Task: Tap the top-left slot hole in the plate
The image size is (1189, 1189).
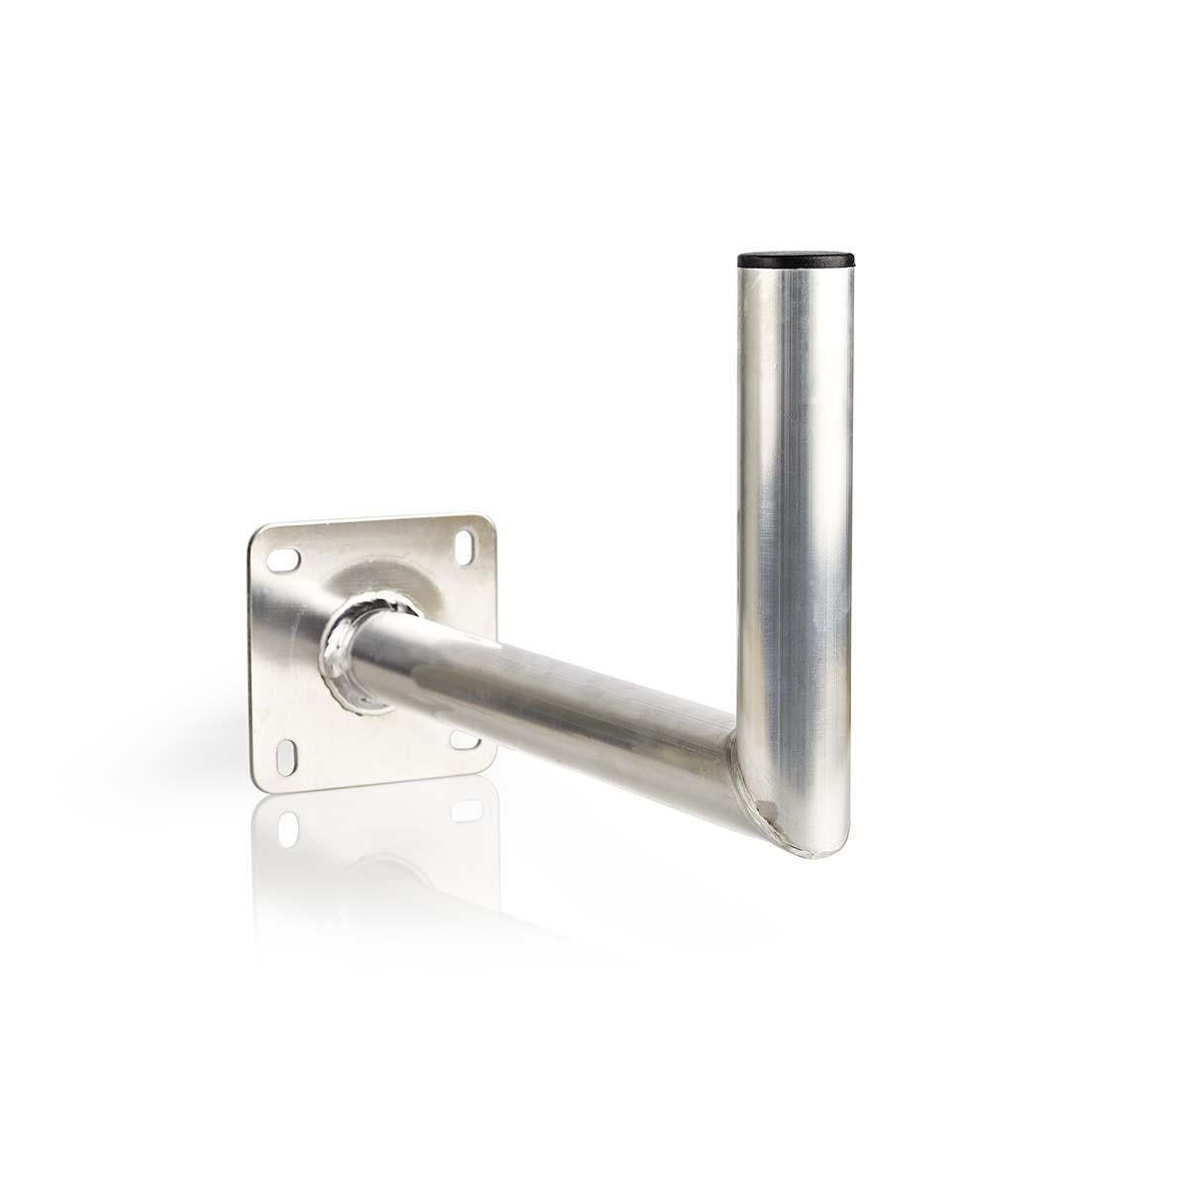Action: (x=283, y=561)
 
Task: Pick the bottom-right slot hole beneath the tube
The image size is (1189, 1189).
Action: (x=465, y=739)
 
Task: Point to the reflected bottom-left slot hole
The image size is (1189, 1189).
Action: (x=288, y=827)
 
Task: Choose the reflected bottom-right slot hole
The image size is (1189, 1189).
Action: (x=466, y=811)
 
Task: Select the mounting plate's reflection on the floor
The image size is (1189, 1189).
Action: (x=377, y=852)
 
